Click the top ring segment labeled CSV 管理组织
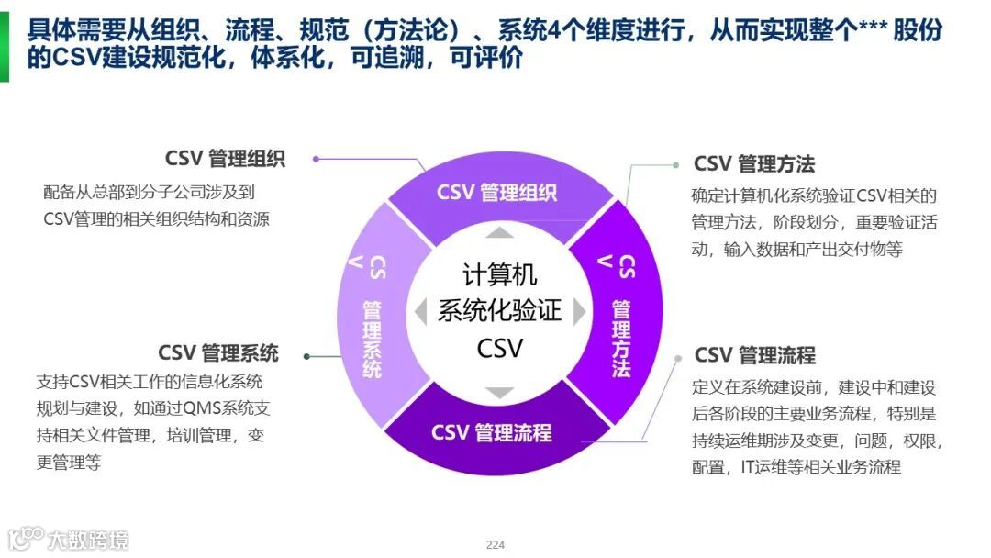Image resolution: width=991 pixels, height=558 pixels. [496, 193]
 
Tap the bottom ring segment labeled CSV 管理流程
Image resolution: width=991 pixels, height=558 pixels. [492, 432]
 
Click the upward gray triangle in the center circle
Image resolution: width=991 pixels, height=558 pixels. [499, 232]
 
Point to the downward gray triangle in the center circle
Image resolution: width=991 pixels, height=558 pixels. [499, 393]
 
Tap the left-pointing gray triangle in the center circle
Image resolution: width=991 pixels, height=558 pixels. [420, 311]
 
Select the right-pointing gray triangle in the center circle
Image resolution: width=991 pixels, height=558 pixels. [579, 312]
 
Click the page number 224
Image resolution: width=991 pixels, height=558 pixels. [495, 545]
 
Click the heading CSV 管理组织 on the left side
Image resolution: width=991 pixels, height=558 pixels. [225, 158]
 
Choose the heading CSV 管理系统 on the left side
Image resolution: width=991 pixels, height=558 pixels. [218, 353]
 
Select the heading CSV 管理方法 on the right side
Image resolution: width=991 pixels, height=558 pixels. [754, 164]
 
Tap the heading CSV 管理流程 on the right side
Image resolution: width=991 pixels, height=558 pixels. [754, 355]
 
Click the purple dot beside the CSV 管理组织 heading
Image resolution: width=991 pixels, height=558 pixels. [316, 158]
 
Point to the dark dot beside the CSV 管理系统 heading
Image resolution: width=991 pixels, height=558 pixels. [307, 356]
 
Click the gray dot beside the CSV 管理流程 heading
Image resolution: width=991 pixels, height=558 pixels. [678, 358]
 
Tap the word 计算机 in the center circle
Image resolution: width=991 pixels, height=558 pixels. [499, 274]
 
